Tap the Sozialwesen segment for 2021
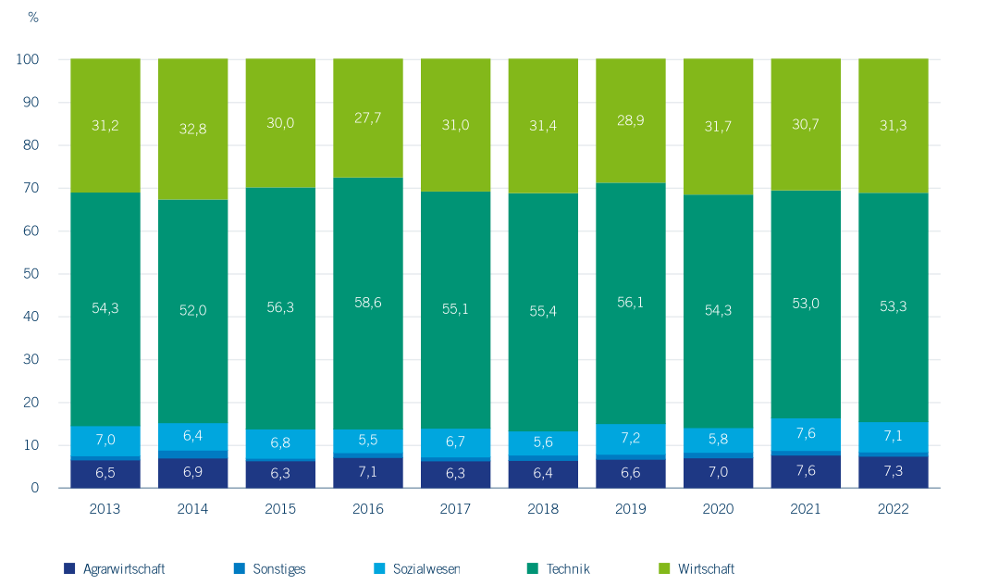(x=806, y=434)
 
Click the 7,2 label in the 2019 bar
(x=631, y=435)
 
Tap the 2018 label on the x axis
(x=543, y=509)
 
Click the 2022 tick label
(x=894, y=509)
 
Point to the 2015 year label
(x=280, y=509)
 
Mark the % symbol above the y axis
(x=33, y=18)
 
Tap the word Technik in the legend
(x=567, y=568)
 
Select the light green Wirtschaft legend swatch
(x=664, y=568)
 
